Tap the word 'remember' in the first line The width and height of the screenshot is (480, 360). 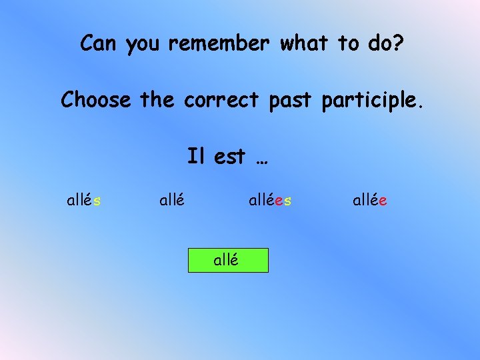point(218,43)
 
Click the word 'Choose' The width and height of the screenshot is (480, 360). point(96,100)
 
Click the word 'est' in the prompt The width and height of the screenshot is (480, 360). point(229,157)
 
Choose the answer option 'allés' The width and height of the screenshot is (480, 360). point(84,199)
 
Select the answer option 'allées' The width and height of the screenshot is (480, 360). point(270,199)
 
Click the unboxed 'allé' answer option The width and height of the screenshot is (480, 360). point(172,199)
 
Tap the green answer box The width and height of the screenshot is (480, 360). point(227,260)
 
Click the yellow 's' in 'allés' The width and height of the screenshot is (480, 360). point(97,199)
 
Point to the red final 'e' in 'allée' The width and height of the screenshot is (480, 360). point(384,199)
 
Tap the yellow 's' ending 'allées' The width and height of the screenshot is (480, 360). point(287,199)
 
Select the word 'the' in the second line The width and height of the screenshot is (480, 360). point(157,100)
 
